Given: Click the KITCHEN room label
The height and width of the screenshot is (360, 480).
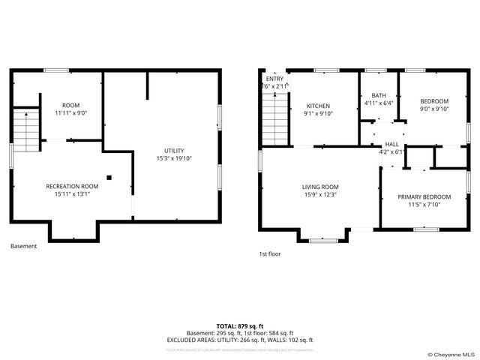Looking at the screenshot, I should [318, 106].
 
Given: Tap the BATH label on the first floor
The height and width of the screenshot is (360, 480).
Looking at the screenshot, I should [379, 96].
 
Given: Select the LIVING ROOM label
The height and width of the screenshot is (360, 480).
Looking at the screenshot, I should [320, 187].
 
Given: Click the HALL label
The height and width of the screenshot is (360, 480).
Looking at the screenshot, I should [391, 144].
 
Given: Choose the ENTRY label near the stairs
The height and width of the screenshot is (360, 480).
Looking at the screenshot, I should [274, 79].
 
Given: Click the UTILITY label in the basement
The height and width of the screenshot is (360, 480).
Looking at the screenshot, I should [174, 150].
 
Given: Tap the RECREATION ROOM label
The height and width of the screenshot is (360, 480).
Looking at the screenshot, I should [72, 186].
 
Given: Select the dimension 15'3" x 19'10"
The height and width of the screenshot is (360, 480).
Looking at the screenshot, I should [174, 158].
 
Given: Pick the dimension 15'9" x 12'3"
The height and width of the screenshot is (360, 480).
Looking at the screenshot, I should [320, 195].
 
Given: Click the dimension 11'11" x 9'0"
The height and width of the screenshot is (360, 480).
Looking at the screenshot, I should [71, 113].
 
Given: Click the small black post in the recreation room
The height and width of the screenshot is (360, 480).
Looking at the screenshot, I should [109, 178].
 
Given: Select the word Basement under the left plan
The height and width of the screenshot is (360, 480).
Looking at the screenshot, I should [23, 246].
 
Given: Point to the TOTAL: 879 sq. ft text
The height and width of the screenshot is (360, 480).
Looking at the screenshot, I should [239, 326].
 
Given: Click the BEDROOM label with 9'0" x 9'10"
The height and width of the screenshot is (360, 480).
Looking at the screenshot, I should [434, 101].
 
